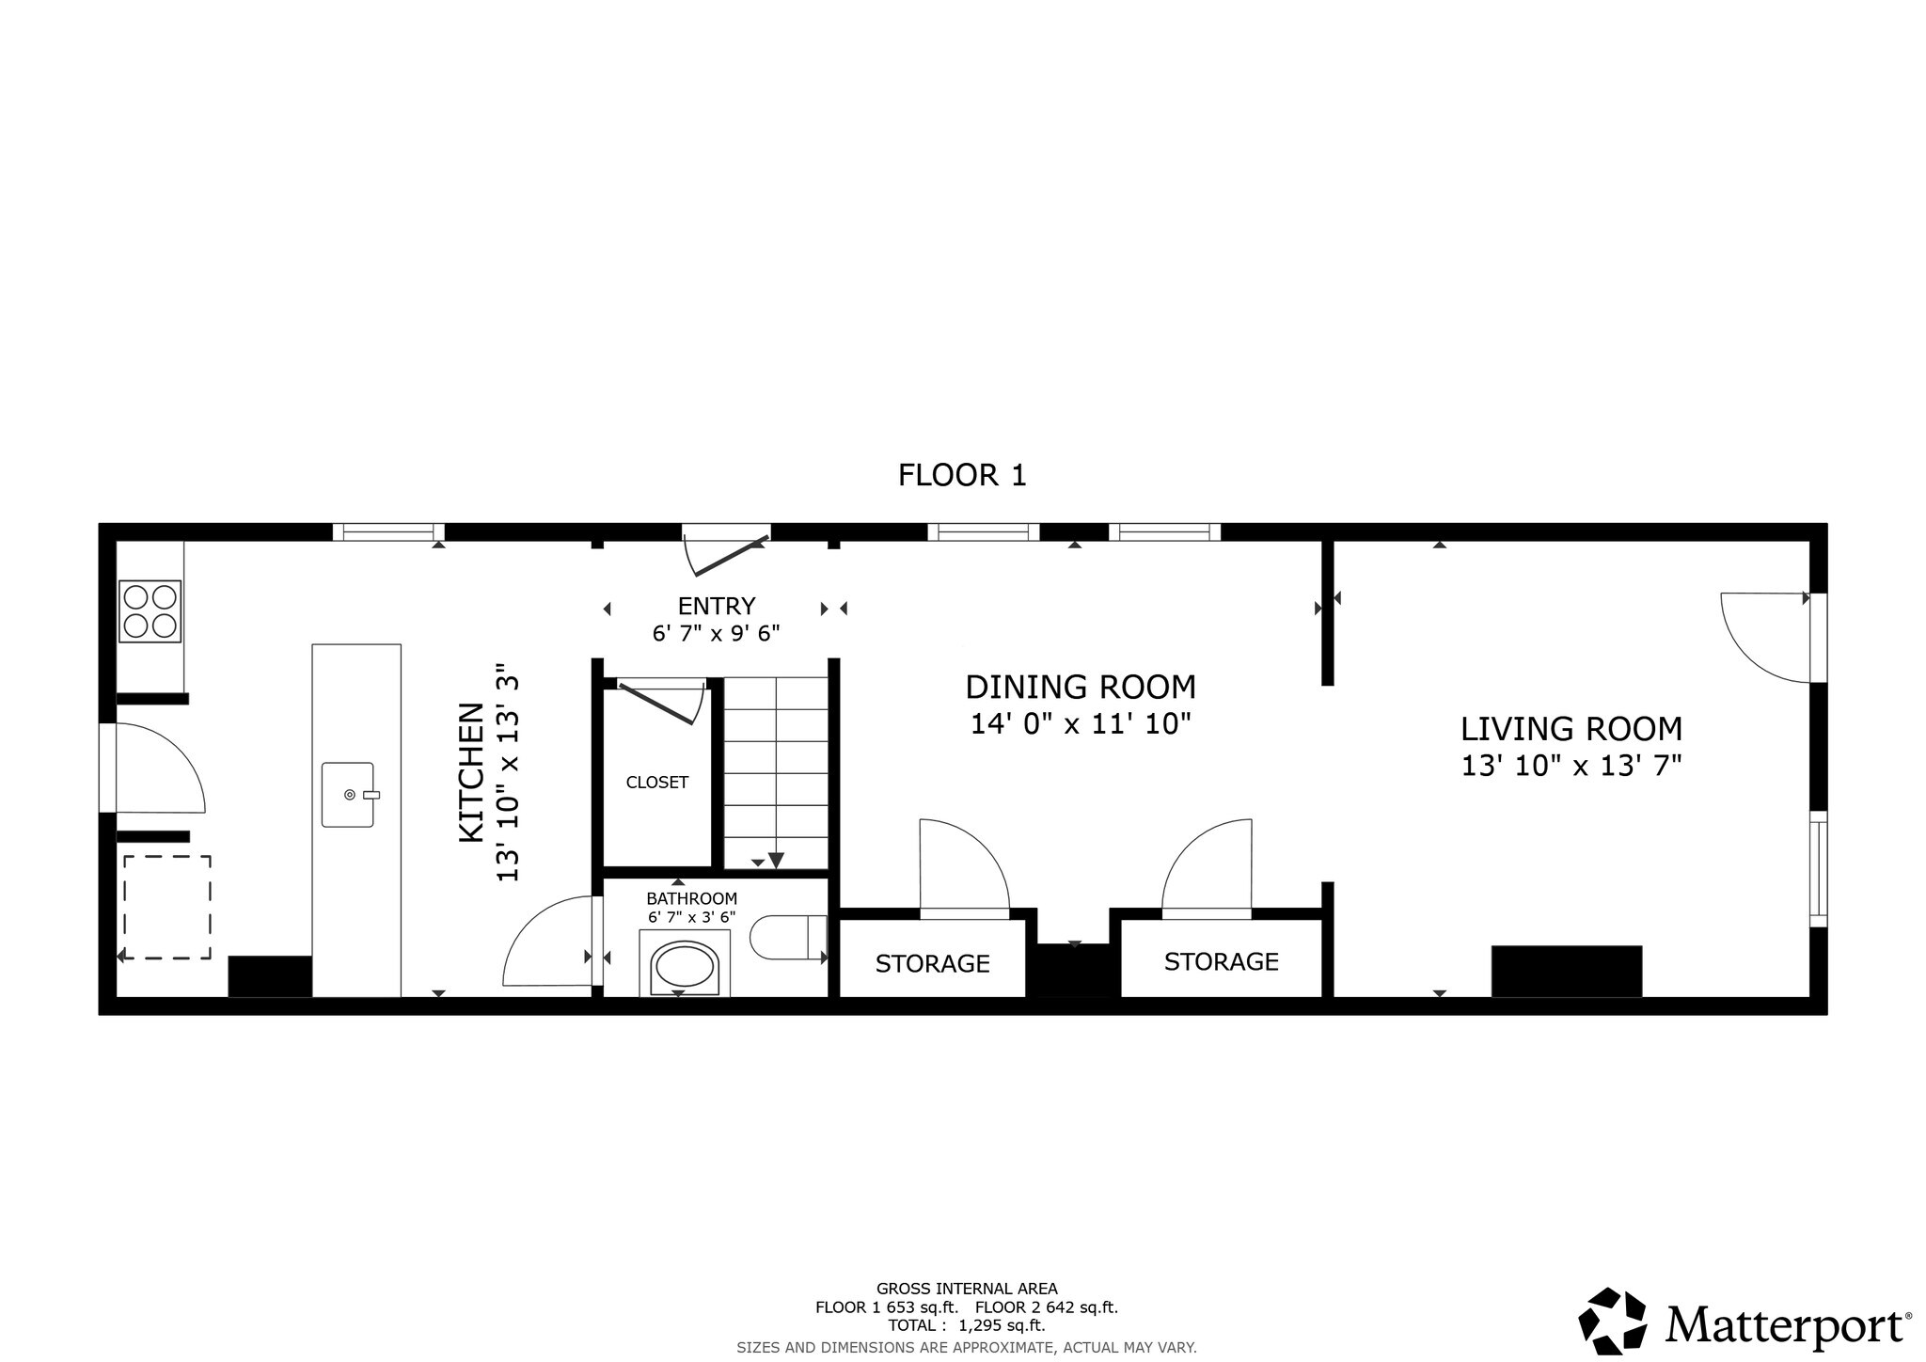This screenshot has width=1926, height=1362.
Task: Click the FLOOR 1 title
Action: pos(961,475)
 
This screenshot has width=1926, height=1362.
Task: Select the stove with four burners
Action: pos(150,611)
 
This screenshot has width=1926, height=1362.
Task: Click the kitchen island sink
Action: pos(348,795)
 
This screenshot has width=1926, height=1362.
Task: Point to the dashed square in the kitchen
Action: pos(166,907)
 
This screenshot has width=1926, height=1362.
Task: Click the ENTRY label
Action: pos(716,606)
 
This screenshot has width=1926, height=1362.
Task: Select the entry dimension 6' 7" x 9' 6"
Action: pos(716,634)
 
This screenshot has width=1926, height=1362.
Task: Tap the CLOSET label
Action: pos(656,783)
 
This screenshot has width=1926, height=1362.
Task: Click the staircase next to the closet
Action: pos(775,771)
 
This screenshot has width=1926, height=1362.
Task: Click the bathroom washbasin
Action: pos(685,965)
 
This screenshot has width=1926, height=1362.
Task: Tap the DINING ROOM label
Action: pos(1081,688)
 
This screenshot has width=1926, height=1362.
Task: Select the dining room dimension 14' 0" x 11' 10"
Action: pos(1081,724)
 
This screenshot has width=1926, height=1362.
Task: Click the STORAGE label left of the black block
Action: pos(932,964)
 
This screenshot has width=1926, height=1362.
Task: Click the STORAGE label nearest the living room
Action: pos(1221,961)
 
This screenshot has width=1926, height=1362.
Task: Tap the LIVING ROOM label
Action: pos(1571,729)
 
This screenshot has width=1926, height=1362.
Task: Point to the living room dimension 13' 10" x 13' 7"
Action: pos(1571,766)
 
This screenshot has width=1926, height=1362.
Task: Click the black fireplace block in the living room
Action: pos(1566,971)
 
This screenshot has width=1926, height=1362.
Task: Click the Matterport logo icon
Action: pos(1612,1322)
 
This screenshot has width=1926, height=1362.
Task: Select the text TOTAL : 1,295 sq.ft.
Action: pos(966,1325)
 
